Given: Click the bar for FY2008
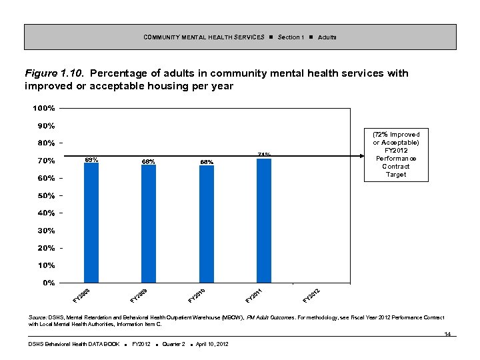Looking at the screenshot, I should point(91,223).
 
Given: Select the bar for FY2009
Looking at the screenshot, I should point(149,224).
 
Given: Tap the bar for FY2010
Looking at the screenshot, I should point(207,224).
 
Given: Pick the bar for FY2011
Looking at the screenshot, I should point(264,221).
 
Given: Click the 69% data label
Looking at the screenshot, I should point(91,160).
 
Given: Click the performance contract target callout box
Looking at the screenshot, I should point(396,155).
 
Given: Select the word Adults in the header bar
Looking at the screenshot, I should point(327,37).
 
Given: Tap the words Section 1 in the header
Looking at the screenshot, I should point(291,37).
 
